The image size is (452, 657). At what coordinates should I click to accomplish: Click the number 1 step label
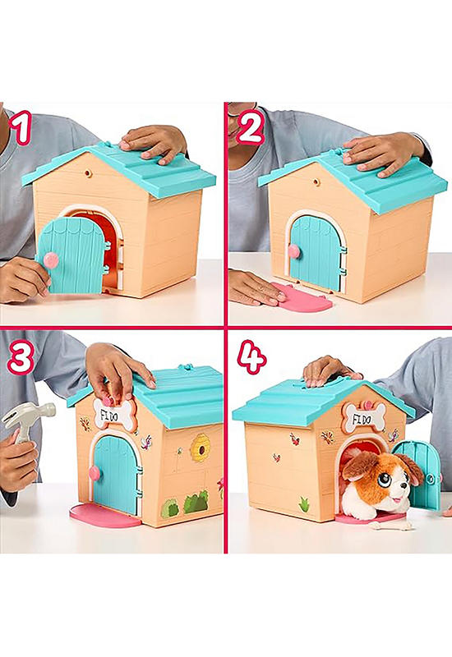[21, 127]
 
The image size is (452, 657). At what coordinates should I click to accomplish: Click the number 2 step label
[251, 126]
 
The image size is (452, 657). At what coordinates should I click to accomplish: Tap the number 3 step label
[21, 357]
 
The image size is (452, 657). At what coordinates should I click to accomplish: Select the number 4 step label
[251, 356]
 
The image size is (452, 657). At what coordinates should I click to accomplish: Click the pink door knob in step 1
[51, 260]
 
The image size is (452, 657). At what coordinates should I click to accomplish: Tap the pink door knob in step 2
[294, 251]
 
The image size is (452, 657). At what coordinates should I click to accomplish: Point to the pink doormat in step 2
[302, 296]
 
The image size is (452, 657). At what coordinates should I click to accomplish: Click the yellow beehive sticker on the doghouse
[200, 448]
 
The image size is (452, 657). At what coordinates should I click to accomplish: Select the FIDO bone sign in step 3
[114, 414]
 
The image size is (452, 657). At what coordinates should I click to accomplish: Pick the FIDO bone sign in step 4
[364, 417]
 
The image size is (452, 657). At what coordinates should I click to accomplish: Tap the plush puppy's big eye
[385, 480]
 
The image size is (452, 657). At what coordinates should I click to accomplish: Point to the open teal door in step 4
[418, 475]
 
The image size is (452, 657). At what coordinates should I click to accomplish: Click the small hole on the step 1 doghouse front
[88, 173]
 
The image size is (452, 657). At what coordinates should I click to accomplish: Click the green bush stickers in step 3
[185, 503]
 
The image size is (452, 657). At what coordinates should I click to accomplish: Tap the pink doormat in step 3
[104, 516]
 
